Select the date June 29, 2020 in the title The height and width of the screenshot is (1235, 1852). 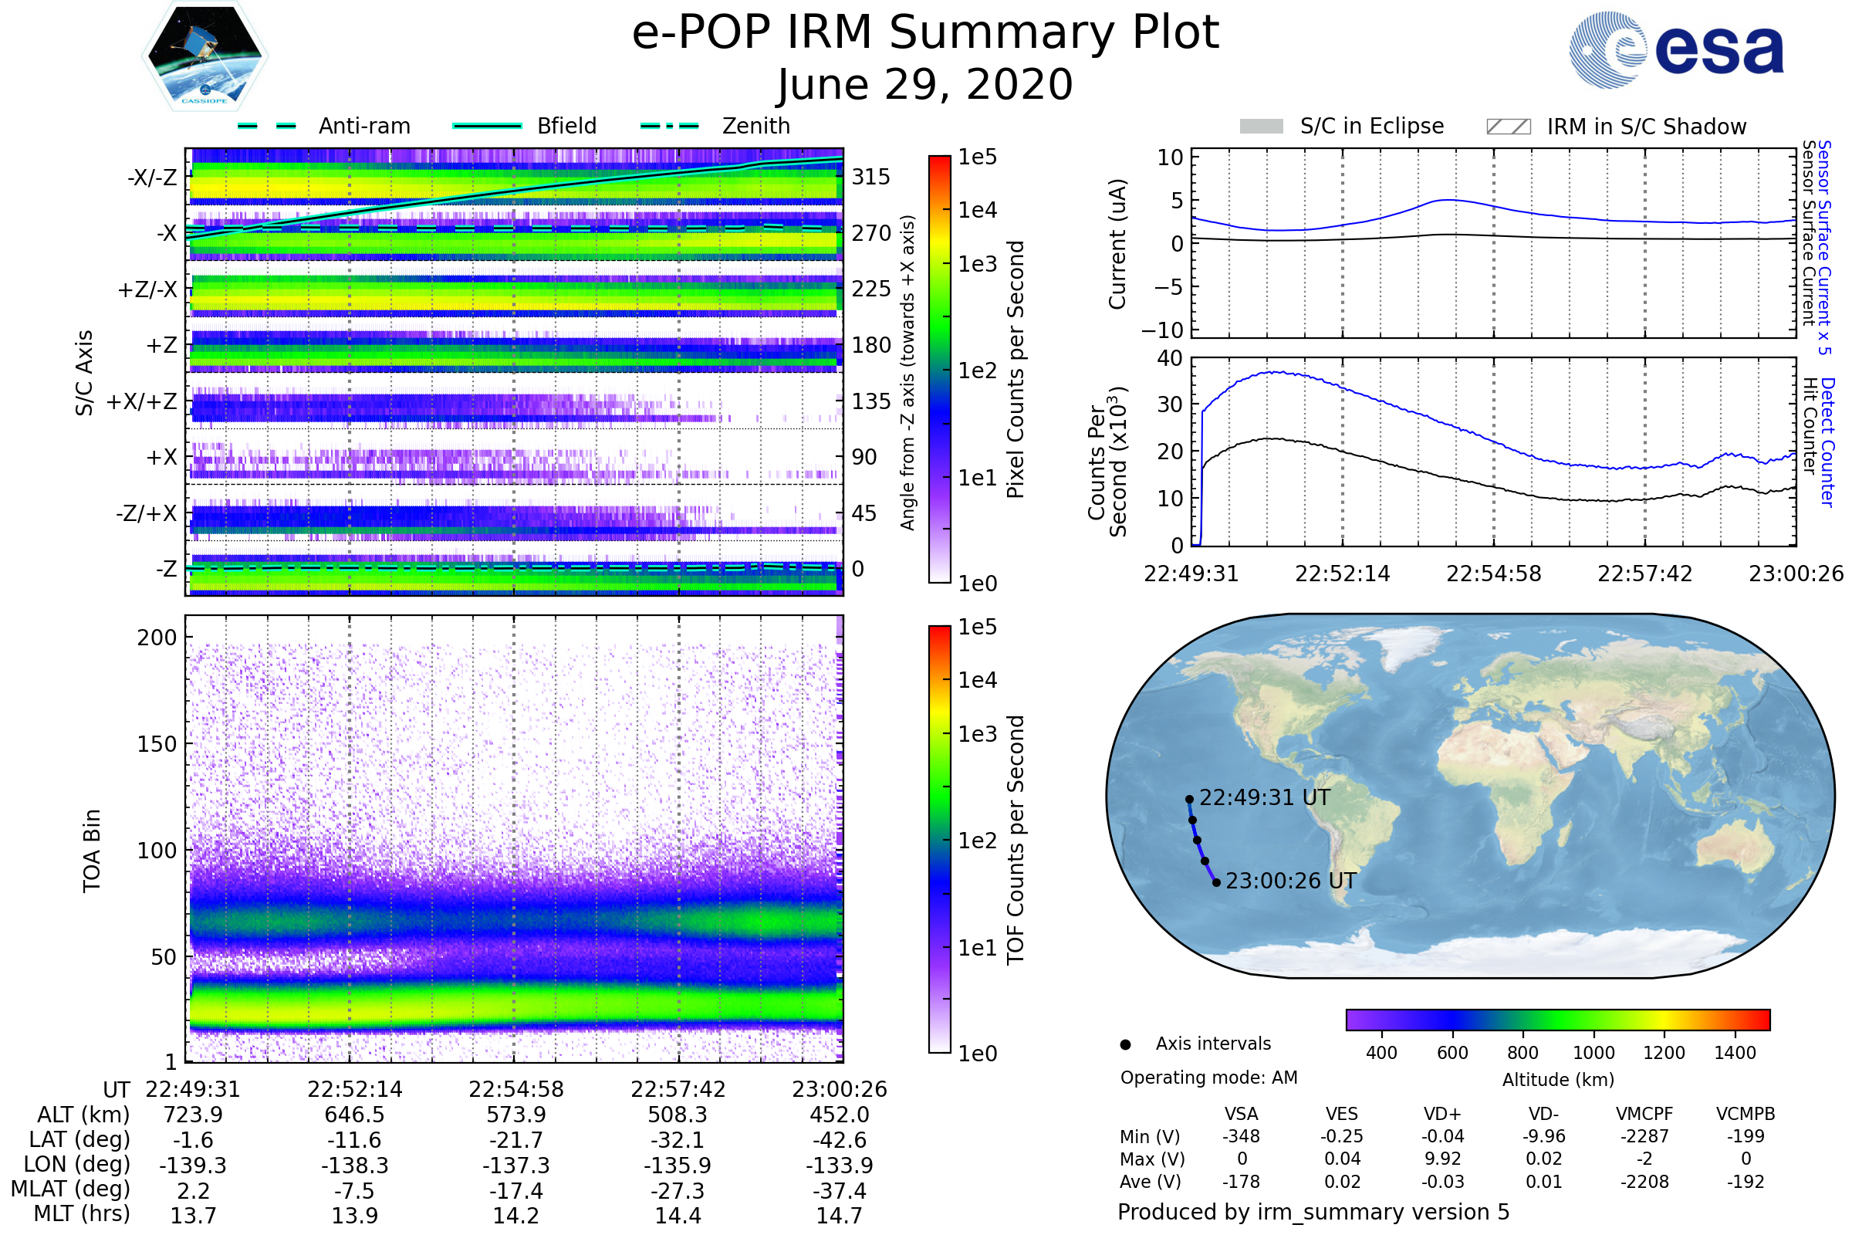925,85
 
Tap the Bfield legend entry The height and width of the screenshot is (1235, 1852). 566,126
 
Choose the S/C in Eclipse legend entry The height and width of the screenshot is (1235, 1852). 1371,126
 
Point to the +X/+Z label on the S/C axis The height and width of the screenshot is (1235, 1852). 142,401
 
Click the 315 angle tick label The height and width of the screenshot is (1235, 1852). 870,177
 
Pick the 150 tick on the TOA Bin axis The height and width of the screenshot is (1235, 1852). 157,744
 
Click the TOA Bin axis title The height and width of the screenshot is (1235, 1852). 92,851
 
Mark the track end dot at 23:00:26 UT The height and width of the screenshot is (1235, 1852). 1217,883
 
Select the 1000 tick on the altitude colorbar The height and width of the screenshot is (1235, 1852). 1593,1053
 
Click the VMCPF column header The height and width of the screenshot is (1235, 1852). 1644,1115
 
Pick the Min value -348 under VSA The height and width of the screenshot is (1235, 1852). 1241,1136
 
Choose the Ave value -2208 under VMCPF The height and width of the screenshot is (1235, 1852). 1644,1182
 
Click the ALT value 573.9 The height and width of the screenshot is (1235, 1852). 515,1115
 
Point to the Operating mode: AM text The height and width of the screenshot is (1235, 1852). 1208,1078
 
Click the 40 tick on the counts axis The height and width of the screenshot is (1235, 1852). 1170,358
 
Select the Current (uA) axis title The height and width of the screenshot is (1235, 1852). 1117,244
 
